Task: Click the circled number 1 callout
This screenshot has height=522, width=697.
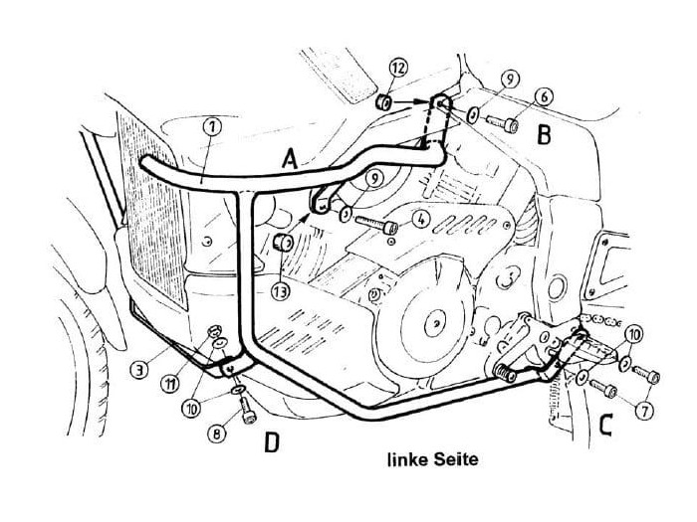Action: (x=211, y=127)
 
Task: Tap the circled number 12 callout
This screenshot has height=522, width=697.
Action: (x=397, y=68)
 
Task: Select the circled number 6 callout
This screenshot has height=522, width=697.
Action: (x=544, y=97)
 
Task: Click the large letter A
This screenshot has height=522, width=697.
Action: (x=289, y=157)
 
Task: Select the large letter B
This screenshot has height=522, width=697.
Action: (x=544, y=134)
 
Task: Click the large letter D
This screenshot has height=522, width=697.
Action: (x=269, y=442)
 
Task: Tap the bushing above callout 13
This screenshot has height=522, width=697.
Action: (x=284, y=244)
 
